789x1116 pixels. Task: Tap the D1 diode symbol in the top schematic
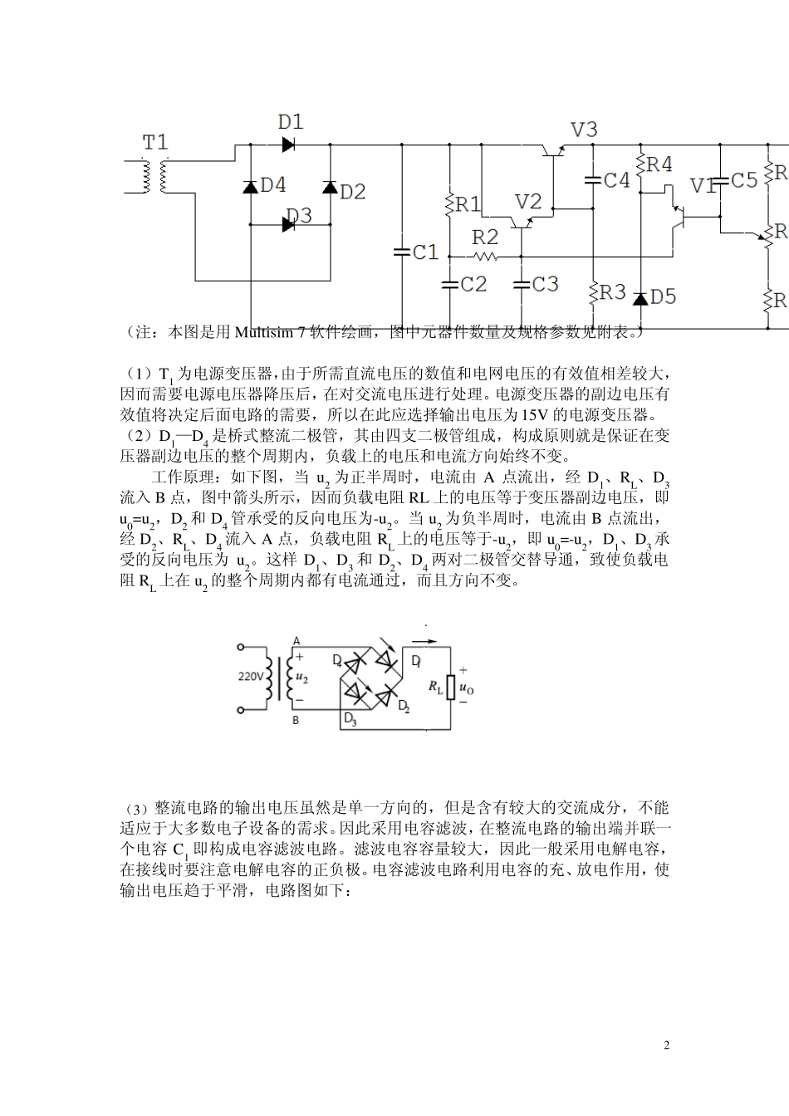coord(288,144)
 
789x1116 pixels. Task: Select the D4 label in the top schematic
coord(273,185)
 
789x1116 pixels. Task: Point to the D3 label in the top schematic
coord(299,216)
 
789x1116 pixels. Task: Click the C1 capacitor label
coord(425,252)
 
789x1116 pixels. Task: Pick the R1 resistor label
coord(468,204)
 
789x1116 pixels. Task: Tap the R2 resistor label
coord(485,237)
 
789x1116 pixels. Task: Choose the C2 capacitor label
coord(473,285)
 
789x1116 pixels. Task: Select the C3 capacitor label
coord(545,285)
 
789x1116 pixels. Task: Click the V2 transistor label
coord(528,202)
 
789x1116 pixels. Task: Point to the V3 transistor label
coord(584,130)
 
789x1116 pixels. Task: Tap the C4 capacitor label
coord(617,180)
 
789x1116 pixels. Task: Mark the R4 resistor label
coord(659,164)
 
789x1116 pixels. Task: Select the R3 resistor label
coord(612,291)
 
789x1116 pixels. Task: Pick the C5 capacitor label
coord(744,180)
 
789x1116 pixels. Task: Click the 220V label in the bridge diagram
coord(251,677)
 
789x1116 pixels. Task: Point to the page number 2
coord(667,1045)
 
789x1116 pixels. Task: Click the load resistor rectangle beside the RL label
coord(451,687)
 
